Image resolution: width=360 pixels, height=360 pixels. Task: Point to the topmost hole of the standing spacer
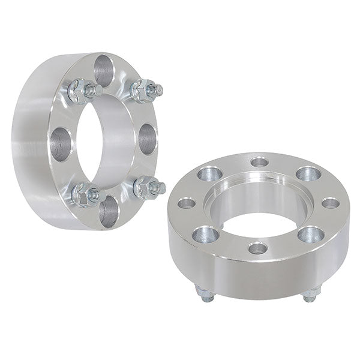[104, 70]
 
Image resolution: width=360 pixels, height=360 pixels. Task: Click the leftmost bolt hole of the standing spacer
[59, 144]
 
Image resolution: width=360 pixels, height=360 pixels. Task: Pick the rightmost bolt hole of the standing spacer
[147, 139]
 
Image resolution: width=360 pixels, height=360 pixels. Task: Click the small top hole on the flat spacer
[259, 161]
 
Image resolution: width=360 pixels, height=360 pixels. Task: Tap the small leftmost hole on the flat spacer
[187, 203]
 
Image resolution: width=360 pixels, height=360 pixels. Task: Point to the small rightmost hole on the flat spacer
[331, 203]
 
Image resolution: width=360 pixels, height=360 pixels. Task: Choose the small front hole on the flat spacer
[257, 247]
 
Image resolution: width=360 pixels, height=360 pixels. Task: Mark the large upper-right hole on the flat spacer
[308, 173]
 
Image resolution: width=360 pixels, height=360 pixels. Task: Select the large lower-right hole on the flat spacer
[310, 233]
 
